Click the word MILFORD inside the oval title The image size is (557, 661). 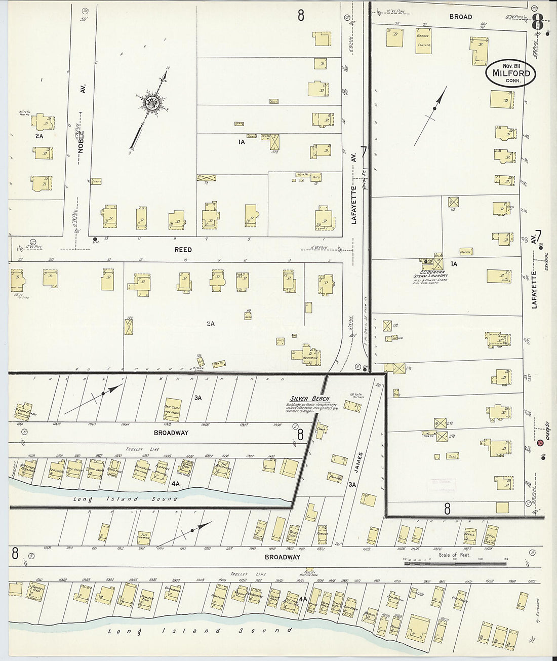point(511,73)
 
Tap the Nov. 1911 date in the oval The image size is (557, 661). point(511,65)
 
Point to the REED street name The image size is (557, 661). point(183,250)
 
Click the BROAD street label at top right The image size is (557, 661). point(460,17)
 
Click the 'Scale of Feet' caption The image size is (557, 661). point(454,555)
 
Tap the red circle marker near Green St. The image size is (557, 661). point(540,444)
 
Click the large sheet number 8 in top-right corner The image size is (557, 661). point(537,22)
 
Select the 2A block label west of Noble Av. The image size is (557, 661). point(39,136)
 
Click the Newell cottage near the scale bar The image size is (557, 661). point(469,534)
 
